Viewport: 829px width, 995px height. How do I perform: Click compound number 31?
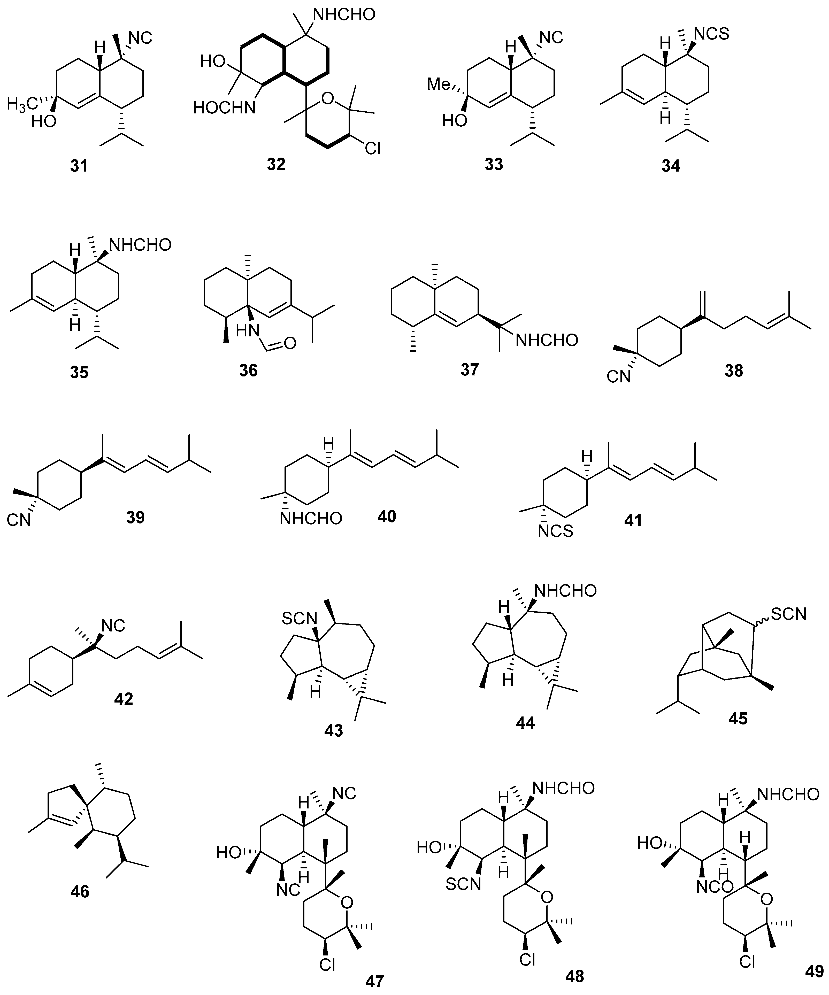(x=79, y=166)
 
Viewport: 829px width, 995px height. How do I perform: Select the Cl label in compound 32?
(x=373, y=149)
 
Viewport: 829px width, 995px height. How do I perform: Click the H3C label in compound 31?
(x=23, y=103)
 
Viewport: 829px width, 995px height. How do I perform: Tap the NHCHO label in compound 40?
(x=310, y=518)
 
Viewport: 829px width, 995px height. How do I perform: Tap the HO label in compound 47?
(x=229, y=853)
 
